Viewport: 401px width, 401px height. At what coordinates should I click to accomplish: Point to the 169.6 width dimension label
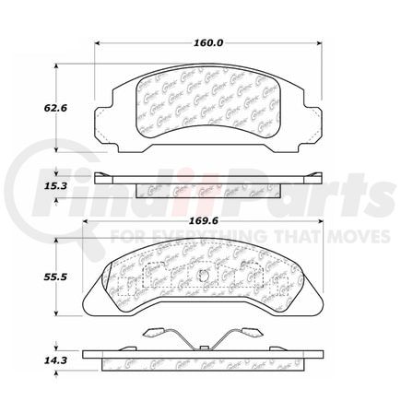[208, 220]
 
